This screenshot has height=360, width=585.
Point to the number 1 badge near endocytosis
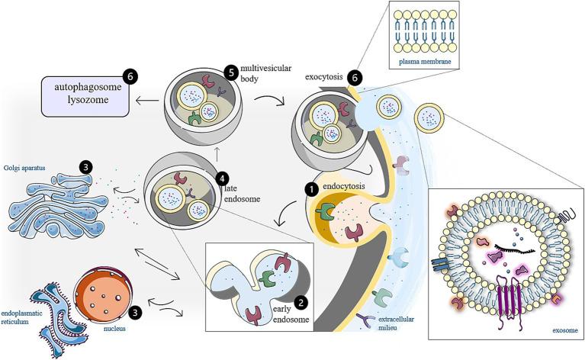click(312, 186)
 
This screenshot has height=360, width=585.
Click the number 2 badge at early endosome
click(301, 303)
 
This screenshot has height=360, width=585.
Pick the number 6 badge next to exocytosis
click(354, 78)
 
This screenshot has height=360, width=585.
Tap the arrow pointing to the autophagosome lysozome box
click(146, 98)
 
